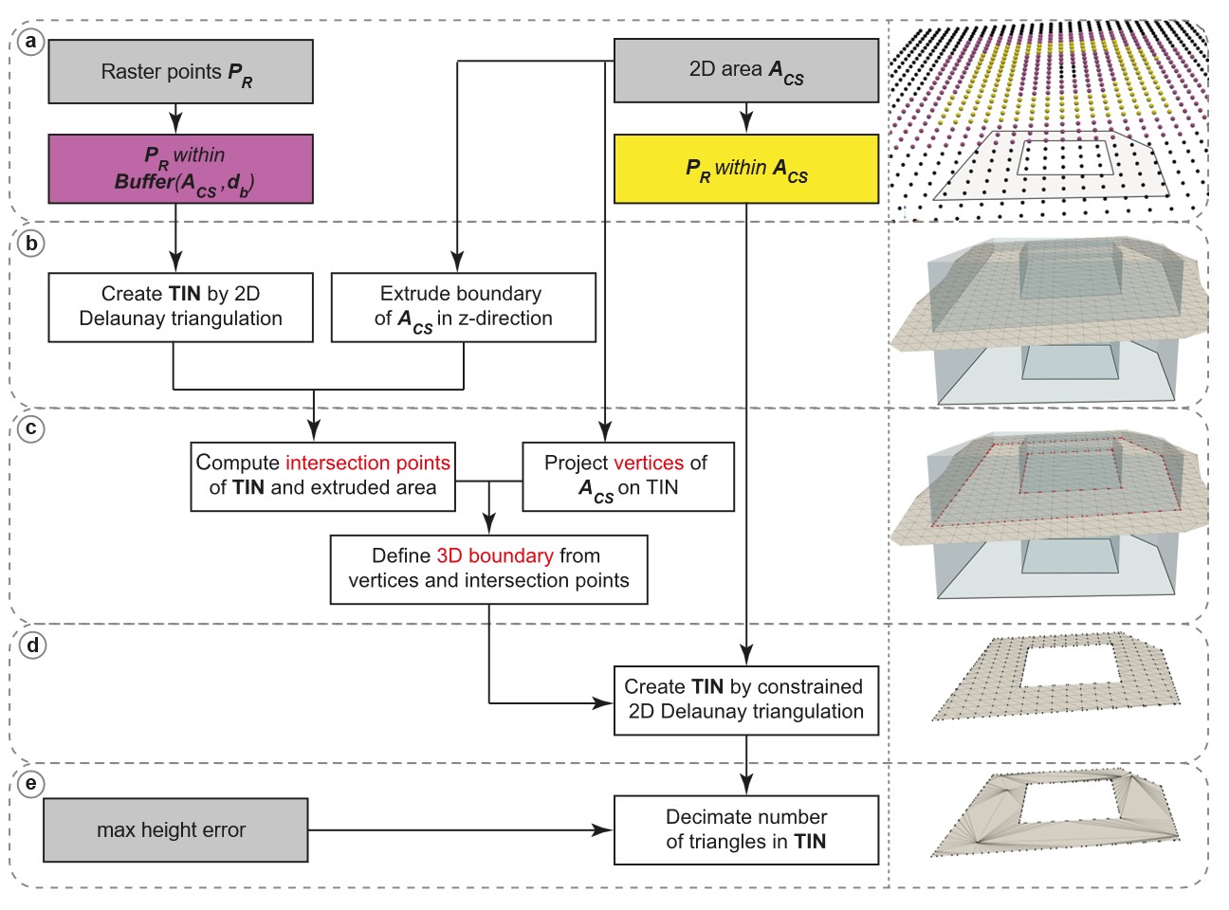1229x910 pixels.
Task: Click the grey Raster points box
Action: coord(180,72)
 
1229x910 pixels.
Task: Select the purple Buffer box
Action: coord(180,169)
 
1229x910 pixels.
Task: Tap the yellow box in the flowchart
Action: coord(746,169)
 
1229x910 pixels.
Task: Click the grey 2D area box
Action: coord(746,71)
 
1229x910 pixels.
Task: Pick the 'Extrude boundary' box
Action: coord(464,307)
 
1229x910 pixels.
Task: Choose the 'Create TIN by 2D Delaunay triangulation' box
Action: coord(180,307)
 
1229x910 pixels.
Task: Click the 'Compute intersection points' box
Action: coord(322,476)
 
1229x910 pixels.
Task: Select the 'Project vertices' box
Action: coord(628,476)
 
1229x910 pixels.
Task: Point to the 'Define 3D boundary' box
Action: coord(488,569)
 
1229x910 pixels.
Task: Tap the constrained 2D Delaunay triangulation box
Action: coord(746,700)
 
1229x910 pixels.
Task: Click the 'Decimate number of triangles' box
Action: coord(746,829)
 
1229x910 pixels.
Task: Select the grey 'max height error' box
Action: coord(175,829)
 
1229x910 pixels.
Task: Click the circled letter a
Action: coord(31,41)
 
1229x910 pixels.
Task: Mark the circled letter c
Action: coord(31,428)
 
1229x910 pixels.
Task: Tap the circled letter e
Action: coord(31,784)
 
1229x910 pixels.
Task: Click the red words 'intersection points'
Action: coord(368,464)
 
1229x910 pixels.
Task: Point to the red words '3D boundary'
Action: coord(494,556)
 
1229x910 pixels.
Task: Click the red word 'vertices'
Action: coord(648,464)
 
